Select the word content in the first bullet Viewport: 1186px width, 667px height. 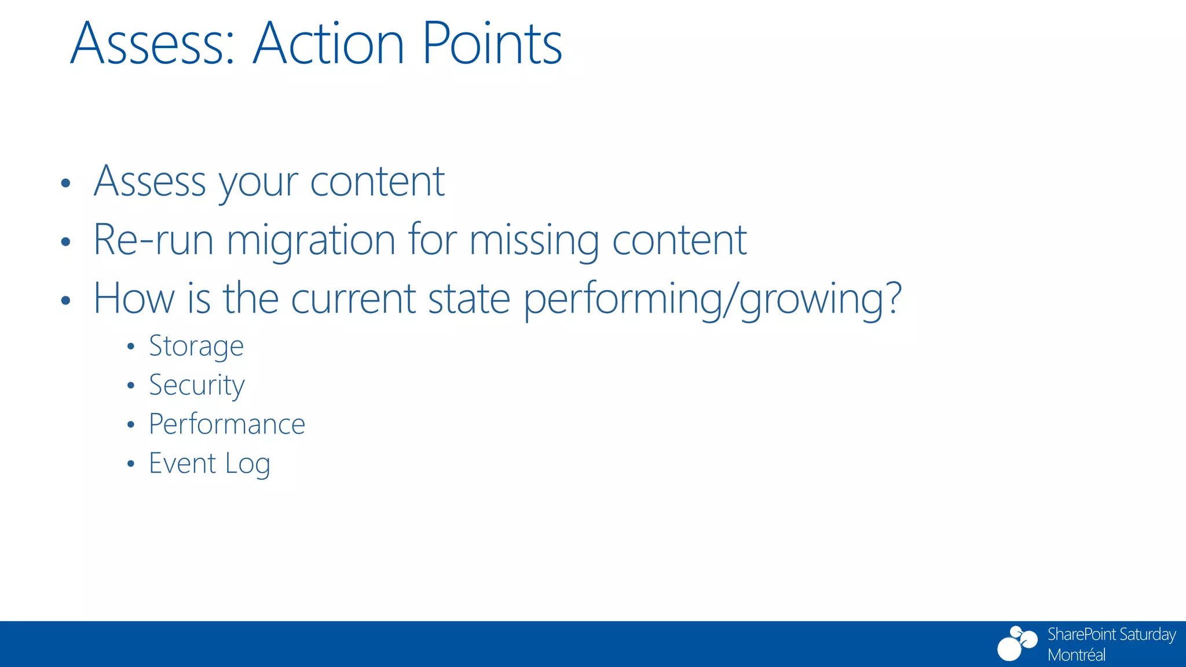377,182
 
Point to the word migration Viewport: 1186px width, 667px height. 311,240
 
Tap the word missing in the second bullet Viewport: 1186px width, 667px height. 534,240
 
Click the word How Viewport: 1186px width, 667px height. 134,299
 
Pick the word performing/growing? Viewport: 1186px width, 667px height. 713,299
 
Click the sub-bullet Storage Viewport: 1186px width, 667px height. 196,347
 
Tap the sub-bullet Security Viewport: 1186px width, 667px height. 197,386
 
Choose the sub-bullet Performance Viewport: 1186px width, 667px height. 227,424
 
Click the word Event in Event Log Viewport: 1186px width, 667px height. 182,463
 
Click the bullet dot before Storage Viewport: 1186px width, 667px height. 131,347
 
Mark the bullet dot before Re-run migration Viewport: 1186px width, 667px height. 65,242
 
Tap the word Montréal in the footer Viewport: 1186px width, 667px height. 1077,655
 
